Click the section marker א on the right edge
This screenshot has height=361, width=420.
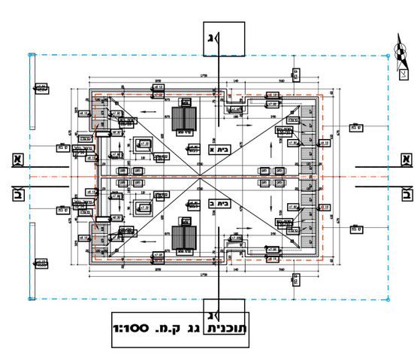pyautogui.click(x=406, y=159)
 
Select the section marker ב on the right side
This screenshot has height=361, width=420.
pyautogui.click(x=406, y=195)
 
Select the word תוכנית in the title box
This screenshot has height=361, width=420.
pyautogui.click(x=233, y=328)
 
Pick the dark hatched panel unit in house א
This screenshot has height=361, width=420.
pyautogui.click(x=184, y=119)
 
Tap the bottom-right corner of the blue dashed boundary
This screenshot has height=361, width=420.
pyautogui.click(x=389, y=299)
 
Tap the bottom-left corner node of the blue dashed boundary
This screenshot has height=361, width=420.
pyautogui.click(x=29, y=299)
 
